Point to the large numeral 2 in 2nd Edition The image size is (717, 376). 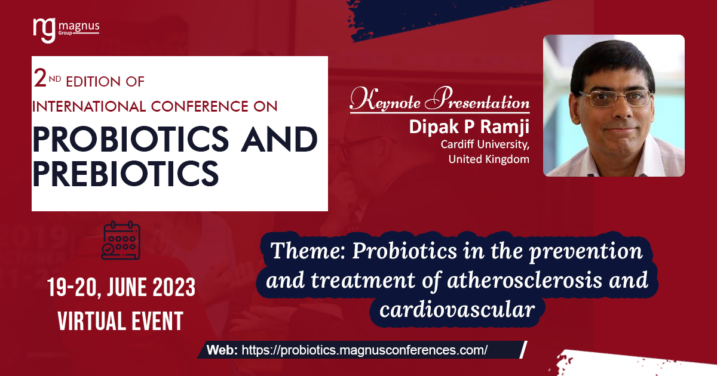pos(40,78)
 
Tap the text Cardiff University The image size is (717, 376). pos(485,144)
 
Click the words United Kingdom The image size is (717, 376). pos(489,159)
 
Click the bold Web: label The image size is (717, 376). pos(222,350)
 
